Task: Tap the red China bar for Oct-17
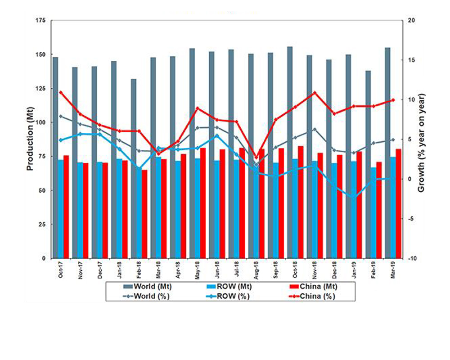click(x=66, y=207)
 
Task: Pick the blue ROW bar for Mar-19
click(x=393, y=207)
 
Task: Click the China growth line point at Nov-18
click(x=315, y=93)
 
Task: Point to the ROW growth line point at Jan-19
click(x=354, y=197)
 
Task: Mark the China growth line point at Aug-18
click(x=256, y=158)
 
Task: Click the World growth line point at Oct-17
click(x=61, y=116)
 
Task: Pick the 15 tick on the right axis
click(x=411, y=60)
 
